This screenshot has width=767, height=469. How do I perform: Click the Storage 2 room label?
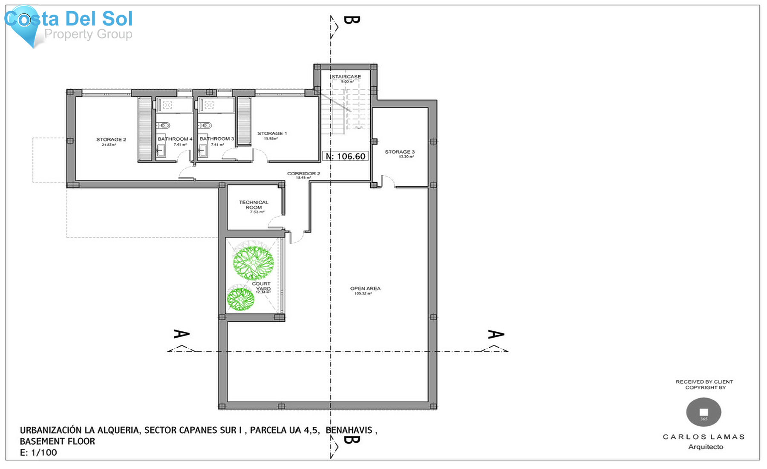[111, 140]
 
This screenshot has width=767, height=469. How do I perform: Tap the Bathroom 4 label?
[175, 139]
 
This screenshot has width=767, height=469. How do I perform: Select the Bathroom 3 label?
[216, 139]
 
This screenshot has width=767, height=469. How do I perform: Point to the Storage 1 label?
[272, 134]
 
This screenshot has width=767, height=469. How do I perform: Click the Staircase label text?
[346, 77]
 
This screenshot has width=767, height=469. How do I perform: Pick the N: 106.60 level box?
[346, 156]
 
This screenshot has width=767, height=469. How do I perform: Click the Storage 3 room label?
[400, 152]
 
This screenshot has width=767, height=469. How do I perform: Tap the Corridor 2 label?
[303, 174]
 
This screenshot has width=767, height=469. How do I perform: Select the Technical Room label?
[254, 205]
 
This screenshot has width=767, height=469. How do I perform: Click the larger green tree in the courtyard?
[253, 263]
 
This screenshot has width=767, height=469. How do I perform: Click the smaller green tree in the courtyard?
[241, 298]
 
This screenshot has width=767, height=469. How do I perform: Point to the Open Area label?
[365, 289]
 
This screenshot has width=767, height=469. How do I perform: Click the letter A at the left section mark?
[181, 334]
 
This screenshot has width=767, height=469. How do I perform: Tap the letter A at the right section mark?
[496, 334]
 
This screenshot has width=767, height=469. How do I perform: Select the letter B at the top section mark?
[351, 20]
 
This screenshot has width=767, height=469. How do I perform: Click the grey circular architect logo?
[704, 412]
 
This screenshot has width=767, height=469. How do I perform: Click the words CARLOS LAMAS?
[704, 437]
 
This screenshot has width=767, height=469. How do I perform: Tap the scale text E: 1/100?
[38, 453]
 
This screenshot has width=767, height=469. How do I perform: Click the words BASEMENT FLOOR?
[58, 442]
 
